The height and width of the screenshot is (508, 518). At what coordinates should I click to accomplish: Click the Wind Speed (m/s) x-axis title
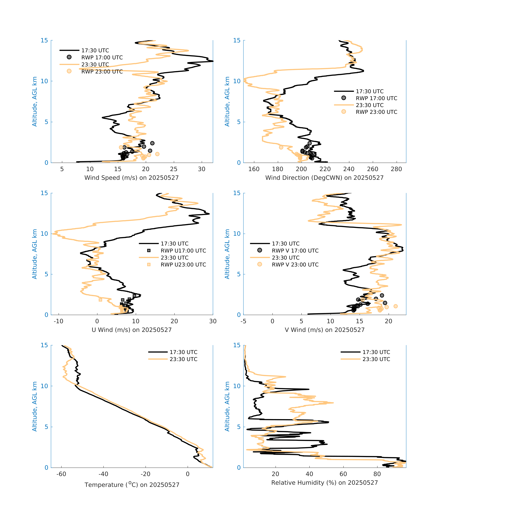[x=131, y=178]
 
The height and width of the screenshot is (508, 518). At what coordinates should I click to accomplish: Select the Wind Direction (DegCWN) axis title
[x=324, y=178]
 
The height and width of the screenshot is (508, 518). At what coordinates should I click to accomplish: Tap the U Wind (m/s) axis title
[x=131, y=330]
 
